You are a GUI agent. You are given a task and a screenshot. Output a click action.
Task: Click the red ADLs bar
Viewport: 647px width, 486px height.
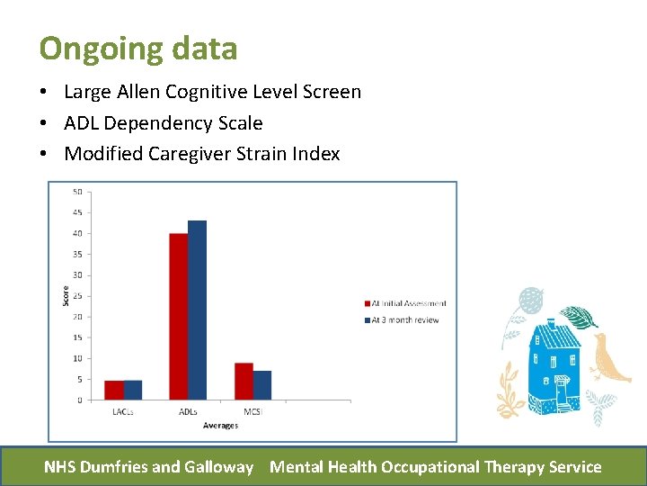coord(179,317)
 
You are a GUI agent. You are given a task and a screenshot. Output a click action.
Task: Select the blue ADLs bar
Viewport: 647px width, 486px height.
coord(198,310)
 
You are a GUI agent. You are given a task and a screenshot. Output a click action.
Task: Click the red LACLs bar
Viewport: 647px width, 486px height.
coord(114,391)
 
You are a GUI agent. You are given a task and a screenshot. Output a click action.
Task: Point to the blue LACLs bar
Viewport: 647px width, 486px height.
coord(133,391)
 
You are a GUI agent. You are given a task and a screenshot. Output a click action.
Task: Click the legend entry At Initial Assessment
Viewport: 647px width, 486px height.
coord(408,303)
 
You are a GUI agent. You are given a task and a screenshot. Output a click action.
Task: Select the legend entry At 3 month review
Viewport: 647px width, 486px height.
coord(404,320)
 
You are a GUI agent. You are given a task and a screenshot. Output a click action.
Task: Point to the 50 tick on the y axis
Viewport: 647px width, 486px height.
coord(78,192)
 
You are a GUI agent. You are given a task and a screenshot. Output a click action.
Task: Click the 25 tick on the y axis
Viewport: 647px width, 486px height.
coord(78,296)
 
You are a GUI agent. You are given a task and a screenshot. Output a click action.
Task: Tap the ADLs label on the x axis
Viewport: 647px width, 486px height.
coord(188,412)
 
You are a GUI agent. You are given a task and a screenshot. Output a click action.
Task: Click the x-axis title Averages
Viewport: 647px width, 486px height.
coord(220,426)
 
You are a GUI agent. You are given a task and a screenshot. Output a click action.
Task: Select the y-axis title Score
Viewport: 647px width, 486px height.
coord(66,294)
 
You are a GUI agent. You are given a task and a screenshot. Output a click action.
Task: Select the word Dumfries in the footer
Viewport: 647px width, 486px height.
coord(113,467)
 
